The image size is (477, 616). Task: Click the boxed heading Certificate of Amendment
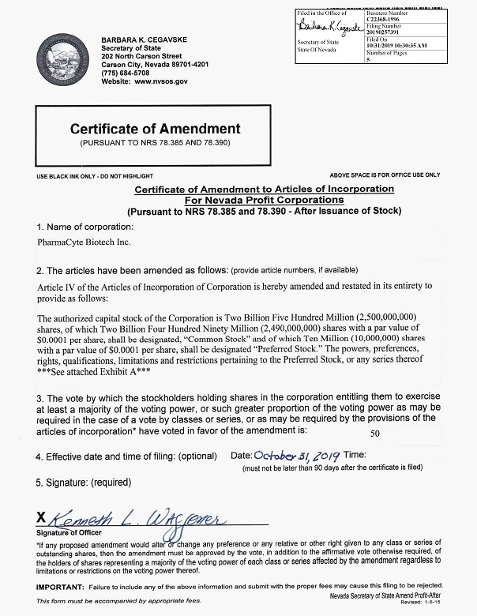tap(155, 129)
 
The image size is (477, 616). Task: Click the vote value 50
tap(375, 434)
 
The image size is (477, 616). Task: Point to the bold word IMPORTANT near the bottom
tap(60, 584)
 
